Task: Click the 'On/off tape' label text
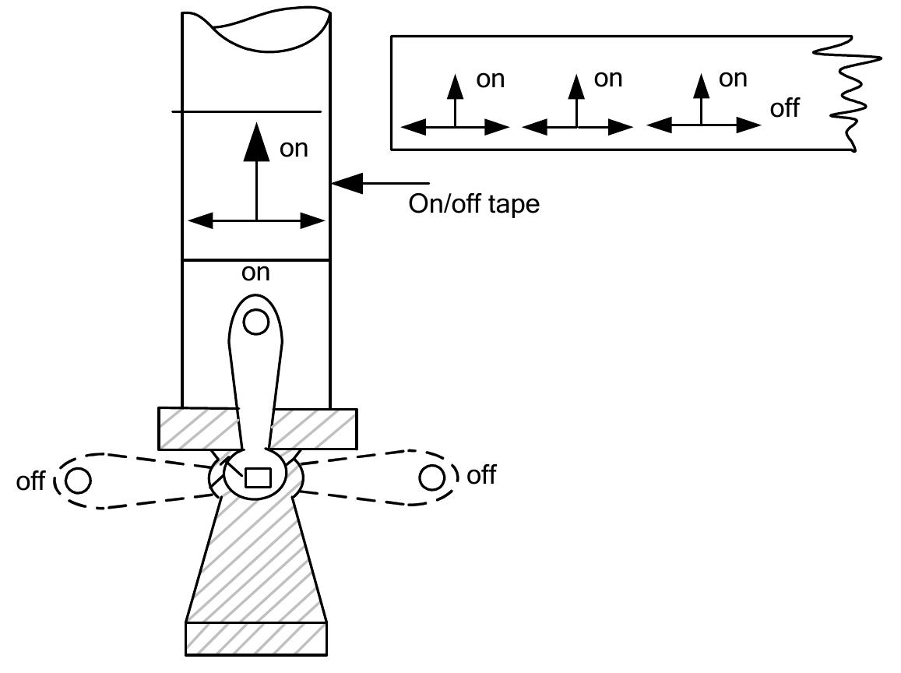tap(473, 205)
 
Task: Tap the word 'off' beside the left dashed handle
tap(30, 481)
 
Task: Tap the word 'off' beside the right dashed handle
tap(480, 474)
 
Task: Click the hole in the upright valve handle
tap(255, 321)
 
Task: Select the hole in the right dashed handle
tap(431, 477)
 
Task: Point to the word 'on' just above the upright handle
tap(255, 273)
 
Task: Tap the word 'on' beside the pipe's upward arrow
tap(294, 148)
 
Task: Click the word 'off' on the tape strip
tap(784, 108)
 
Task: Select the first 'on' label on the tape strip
tap(490, 79)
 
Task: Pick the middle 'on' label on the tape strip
tap(608, 78)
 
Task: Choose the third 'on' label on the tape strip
tap(733, 78)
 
